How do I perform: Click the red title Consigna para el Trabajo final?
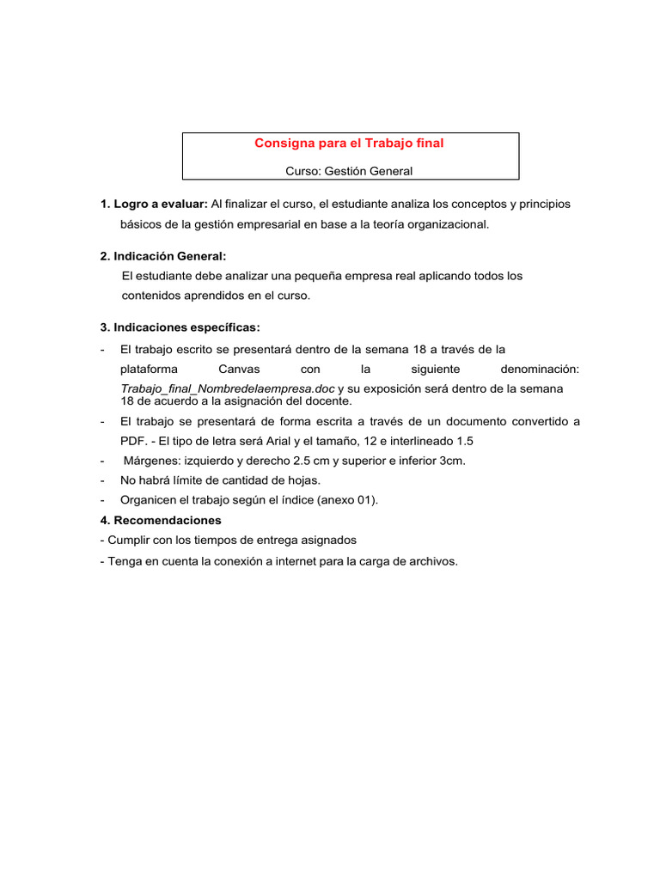point(349,144)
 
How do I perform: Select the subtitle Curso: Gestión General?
point(349,171)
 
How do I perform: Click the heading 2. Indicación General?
point(163,256)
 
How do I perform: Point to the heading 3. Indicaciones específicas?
point(180,327)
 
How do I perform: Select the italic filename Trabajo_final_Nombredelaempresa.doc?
point(228,388)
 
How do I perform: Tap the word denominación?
point(540,369)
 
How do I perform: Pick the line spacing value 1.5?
point(464,441)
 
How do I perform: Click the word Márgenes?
point(152,461)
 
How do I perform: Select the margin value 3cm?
point(452,461)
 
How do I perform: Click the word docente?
point(330,401)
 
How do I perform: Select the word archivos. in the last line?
point(432,561)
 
